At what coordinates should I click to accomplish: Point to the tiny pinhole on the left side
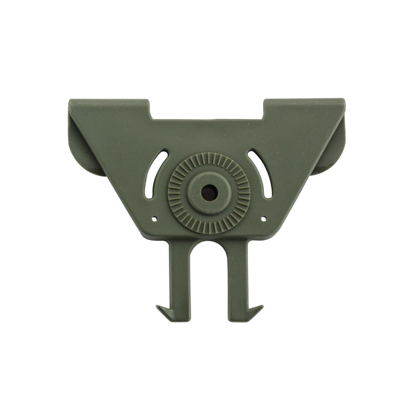(x=154, y=220)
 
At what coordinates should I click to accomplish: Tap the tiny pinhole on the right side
(x=263, y=219)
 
